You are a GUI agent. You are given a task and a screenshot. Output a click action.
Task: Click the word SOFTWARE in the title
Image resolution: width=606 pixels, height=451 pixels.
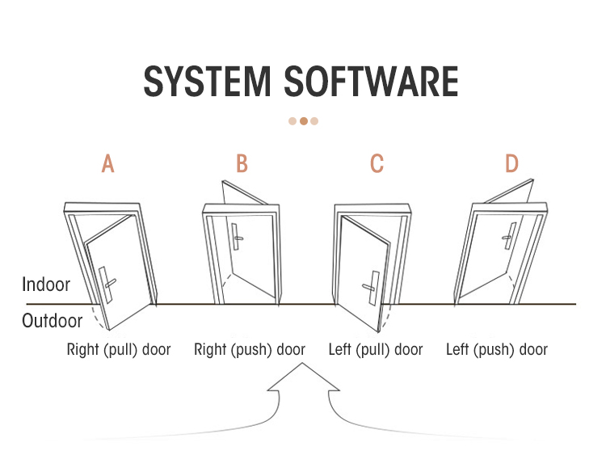tap(372, 82)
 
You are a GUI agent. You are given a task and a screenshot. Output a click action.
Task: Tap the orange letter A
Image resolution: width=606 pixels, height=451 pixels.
tap(107, 164)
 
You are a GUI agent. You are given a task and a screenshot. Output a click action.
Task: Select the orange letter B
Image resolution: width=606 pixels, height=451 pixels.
tap(242, 164)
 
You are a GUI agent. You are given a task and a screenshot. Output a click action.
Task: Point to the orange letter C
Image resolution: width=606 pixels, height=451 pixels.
tap(377, 164)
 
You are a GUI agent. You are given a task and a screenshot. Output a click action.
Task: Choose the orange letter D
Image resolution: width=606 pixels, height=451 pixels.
tap(511, 164)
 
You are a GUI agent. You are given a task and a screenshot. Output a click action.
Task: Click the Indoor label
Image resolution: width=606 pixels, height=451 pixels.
tap(46, 285)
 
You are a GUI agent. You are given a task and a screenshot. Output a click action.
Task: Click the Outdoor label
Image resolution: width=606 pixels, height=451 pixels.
tap(53, 321)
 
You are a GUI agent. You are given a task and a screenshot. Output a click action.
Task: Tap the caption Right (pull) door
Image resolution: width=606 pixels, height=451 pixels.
tap(119, 350)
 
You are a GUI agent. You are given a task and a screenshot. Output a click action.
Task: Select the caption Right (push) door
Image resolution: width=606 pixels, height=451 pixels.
tap(250, 350)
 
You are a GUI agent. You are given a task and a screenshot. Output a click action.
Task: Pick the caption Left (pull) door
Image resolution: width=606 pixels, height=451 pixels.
tap(376, 350)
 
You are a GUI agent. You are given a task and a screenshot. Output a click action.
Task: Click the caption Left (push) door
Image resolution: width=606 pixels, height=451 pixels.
tap(497, 350)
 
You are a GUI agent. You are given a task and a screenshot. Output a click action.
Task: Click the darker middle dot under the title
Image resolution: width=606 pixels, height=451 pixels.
tap(304, 121)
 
